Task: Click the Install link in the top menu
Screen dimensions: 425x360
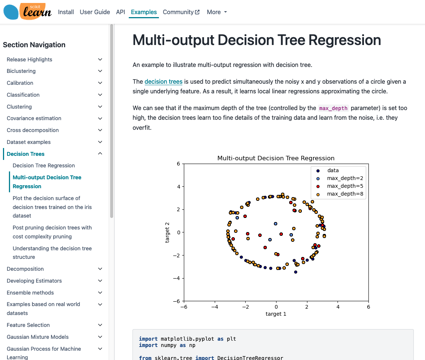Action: coord(66,12)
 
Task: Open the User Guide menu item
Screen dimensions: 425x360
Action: coord(95,12)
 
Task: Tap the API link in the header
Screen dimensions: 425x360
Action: coord(120,12)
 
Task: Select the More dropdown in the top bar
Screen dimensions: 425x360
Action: coord(217,12)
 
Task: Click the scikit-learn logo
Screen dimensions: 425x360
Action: coord(27,12)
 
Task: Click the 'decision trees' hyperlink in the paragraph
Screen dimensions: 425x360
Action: coord(163,81)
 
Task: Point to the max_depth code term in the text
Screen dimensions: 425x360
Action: coord(333,108)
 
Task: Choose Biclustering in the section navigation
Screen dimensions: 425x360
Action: coord(21,71)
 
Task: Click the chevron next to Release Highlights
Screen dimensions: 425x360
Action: coord(100,60)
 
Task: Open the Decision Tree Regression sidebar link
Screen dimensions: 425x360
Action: coord(44,165)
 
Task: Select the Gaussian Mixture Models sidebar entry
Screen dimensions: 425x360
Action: coord(38,337)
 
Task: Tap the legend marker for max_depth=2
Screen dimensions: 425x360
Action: coord(318,179)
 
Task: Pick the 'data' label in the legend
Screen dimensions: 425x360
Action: coord(333,170)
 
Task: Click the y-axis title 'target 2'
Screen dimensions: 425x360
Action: coord(167,232)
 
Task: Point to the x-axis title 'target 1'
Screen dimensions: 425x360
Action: coord(276,314)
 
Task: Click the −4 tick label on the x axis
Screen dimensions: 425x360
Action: coord(215,307)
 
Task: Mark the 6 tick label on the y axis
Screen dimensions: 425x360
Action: coord(178,164)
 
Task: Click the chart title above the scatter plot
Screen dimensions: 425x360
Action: coord(276,158)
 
